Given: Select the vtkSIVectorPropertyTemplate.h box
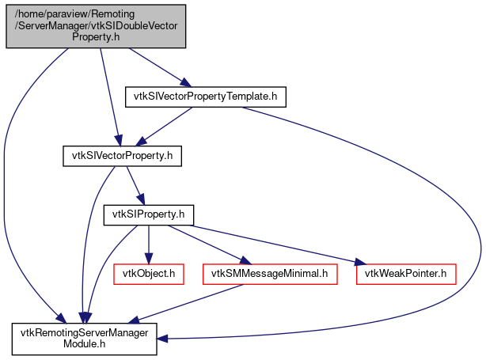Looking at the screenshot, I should pyautogui.click(x=205, y=97).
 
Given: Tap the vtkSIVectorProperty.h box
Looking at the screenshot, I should pyautogui.click(x=123, y=156).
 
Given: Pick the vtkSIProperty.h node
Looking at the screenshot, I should pyautogui.click(x=149, y=214).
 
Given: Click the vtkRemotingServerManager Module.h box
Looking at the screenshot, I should pyautogui.click(x=84, y=339).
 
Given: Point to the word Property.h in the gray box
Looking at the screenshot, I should pyautogui.click(x=95, y=36).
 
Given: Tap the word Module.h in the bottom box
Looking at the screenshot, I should pyautogui.click(x=84, y=344).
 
